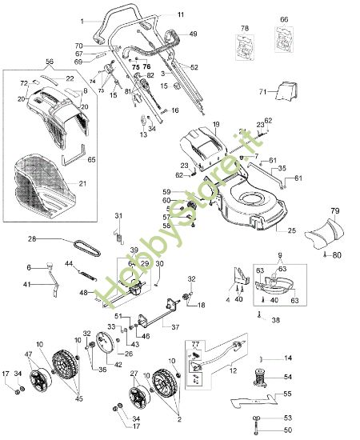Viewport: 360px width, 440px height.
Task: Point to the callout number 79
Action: (x=335, y=211)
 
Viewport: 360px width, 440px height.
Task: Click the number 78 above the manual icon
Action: (x=246, y=29)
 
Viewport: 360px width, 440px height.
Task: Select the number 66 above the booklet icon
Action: (x=284, y=18)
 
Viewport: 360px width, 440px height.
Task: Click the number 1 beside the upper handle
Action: (x=82, y=20)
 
